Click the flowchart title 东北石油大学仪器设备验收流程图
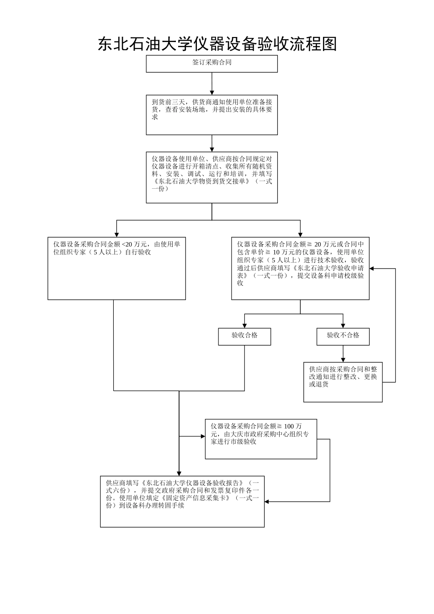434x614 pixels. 217,44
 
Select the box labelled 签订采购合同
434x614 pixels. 212,64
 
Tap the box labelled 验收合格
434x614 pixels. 244,336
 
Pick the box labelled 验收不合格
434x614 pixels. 343,336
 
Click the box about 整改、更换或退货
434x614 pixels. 343,382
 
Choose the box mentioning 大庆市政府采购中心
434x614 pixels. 260,439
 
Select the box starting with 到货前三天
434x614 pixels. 212,114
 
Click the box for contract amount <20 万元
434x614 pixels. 116,268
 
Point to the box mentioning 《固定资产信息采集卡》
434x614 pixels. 182,501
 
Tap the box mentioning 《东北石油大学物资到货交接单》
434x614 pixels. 212,177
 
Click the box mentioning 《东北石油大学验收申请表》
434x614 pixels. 300,268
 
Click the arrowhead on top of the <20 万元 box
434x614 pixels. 117,234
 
